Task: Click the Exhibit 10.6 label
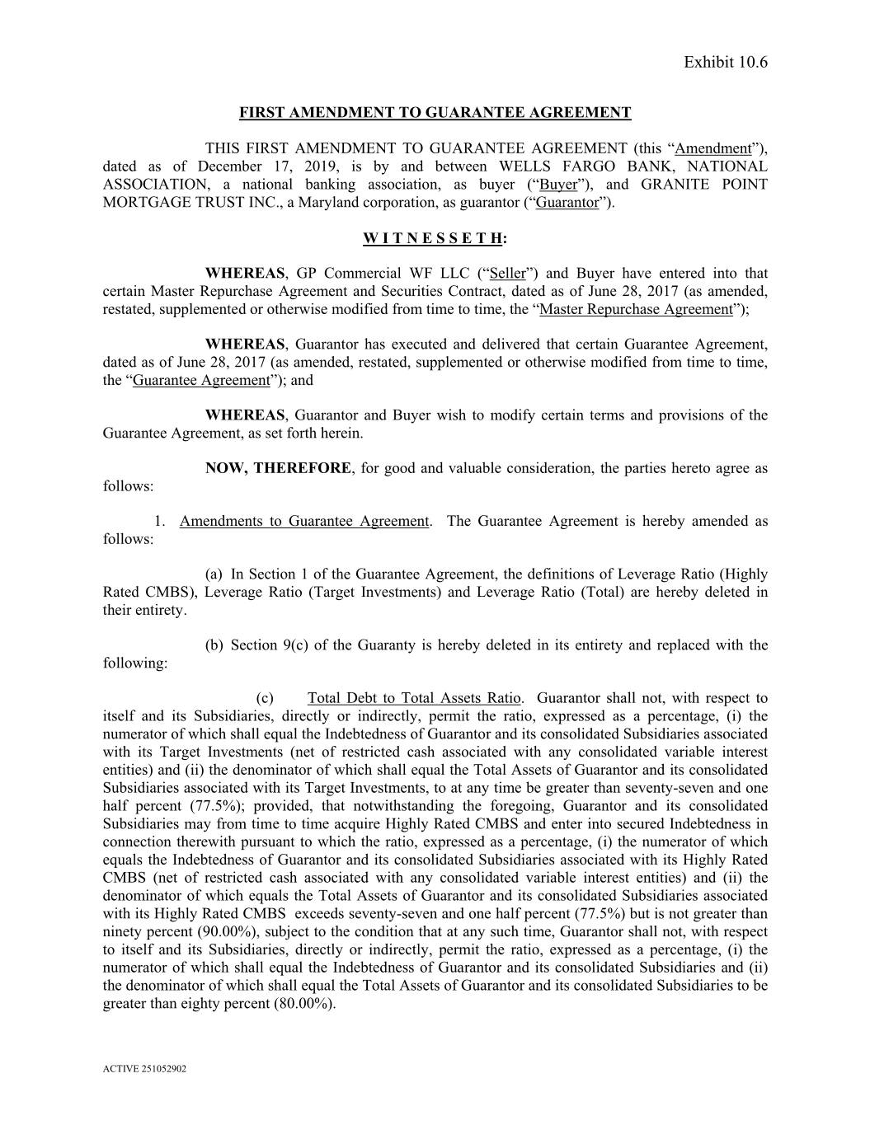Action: coord(725,63)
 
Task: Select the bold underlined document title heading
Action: coord(435,113)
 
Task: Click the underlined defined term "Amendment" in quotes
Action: coord(712,149)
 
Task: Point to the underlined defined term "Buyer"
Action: coord(557,185)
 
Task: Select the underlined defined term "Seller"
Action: coord(507,274)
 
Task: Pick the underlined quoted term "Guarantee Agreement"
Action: coord(201,381)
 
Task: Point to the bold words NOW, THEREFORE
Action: coord(278,468)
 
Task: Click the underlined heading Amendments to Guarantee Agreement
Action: coord(304,522)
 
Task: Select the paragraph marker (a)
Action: coord(214,574)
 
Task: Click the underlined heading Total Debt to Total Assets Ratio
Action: coord(414,699)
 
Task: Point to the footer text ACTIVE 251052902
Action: coord(144,1069)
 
